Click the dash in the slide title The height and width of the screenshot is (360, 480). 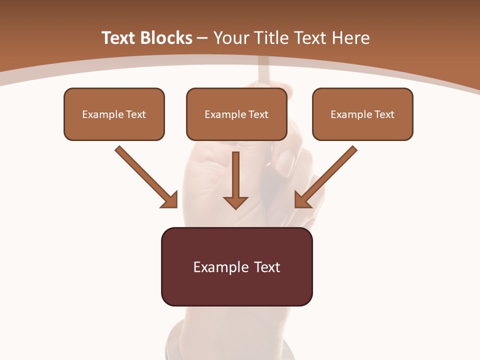[203, 38]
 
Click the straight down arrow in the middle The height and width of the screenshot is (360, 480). [236, 177]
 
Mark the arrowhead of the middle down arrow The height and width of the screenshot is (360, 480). [236, 202]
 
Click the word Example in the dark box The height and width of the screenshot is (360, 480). [214, 267]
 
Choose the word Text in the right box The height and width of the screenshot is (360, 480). [384, 114]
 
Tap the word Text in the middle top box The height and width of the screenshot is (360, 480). [258, 114]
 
